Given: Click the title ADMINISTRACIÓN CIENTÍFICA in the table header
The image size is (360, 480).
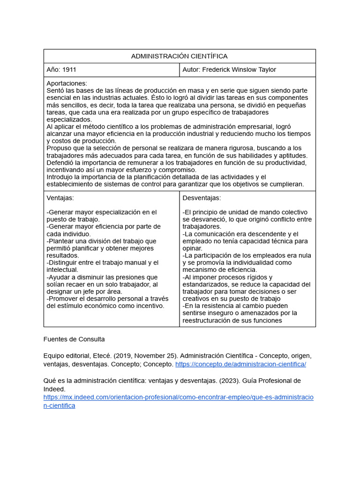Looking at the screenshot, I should tap(179, 56).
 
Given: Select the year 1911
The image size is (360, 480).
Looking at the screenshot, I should tap(69, 70).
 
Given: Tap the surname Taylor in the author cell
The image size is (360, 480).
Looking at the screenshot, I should tap(265, 70).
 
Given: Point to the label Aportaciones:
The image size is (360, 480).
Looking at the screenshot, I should tap(67, 83).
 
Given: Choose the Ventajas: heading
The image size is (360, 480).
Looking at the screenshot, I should tap(60, 198).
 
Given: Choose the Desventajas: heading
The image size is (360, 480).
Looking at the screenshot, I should tap(202, 198).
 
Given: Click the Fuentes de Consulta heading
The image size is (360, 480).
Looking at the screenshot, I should tap(74, 339).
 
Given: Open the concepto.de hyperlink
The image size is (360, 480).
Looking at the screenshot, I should tap(240, 364).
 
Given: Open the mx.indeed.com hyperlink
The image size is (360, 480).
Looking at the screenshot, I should tap(178, 397).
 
